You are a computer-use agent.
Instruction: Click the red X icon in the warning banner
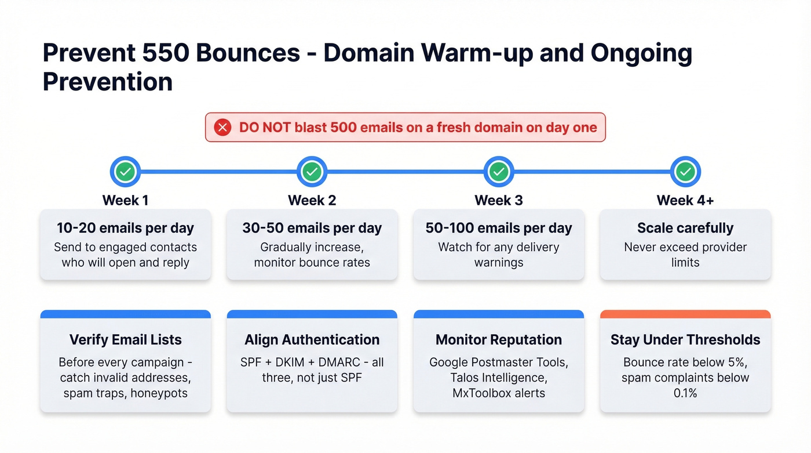coord(222,128)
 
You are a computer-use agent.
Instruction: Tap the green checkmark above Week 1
coord(126,172)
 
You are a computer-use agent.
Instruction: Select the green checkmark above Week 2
coord(312,172)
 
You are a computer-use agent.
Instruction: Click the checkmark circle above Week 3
coord(499,172)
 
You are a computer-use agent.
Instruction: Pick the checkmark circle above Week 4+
coord(685,172)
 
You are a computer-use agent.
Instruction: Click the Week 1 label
coord(126,201)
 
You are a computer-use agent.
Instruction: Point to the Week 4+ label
coord(685,201)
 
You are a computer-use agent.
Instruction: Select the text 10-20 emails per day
coord(126,228)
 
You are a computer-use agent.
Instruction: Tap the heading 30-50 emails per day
coord(312,228)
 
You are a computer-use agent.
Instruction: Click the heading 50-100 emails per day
coord(499,228)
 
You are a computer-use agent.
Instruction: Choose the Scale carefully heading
coord(685,228)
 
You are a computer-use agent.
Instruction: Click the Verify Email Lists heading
coord(126,340)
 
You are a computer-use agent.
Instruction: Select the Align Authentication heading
coord(312,340)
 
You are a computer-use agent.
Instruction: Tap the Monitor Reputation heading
coord(499,340)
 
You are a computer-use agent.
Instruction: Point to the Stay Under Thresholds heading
coord(685,340)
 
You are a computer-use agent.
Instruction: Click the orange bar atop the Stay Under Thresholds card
coord(685,314)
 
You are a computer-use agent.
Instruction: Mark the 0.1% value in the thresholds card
coord(685,393)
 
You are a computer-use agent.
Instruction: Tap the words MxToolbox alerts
coord(499,393)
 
